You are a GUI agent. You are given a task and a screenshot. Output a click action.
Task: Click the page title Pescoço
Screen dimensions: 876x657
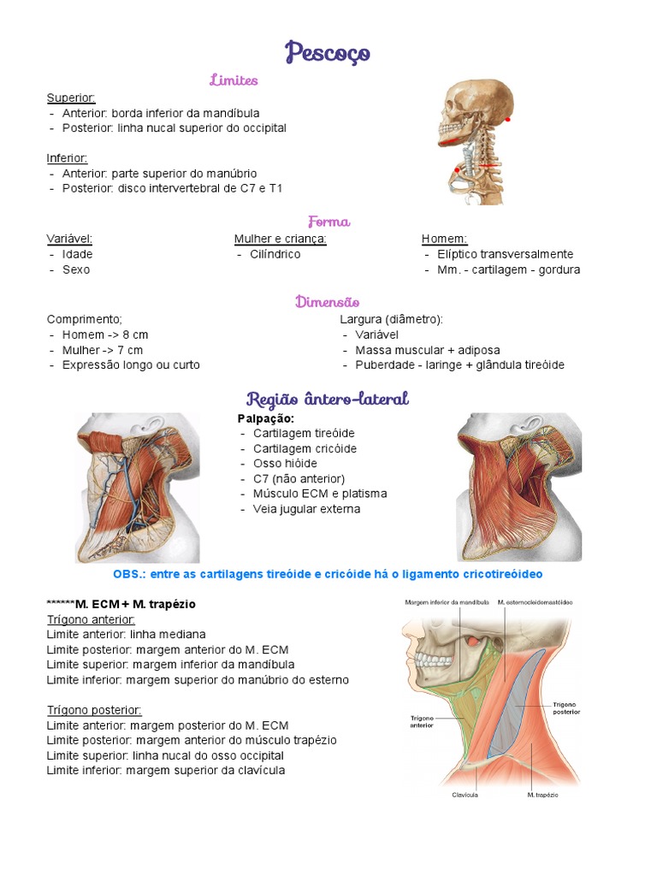328,52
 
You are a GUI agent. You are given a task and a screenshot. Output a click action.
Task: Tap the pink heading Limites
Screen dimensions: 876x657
234,80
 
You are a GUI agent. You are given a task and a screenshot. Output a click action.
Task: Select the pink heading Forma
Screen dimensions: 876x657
328,222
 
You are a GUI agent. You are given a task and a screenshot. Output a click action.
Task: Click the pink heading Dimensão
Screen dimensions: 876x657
327,302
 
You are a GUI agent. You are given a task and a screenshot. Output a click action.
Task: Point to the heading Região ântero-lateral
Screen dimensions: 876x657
328,399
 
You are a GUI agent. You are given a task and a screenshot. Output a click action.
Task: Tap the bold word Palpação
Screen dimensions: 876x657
265,418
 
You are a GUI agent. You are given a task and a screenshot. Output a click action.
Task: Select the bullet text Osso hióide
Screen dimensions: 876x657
285,464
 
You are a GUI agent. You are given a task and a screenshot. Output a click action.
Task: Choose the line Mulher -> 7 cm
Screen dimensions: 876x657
103,350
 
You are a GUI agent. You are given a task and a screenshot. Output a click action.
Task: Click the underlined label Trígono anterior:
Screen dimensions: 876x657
91,619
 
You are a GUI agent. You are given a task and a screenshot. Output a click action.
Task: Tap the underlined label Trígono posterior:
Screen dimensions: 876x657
94,710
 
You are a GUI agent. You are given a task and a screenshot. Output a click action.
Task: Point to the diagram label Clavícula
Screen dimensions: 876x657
465,795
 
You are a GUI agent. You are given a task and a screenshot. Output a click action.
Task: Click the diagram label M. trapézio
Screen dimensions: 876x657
542,795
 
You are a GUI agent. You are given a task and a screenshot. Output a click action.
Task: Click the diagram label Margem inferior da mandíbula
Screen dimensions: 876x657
447,602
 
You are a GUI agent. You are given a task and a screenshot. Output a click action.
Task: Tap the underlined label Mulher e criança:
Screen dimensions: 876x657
281,239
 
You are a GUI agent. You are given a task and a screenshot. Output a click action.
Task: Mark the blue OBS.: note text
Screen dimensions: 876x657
328,573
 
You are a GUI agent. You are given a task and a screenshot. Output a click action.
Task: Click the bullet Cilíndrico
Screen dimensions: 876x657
275,254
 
